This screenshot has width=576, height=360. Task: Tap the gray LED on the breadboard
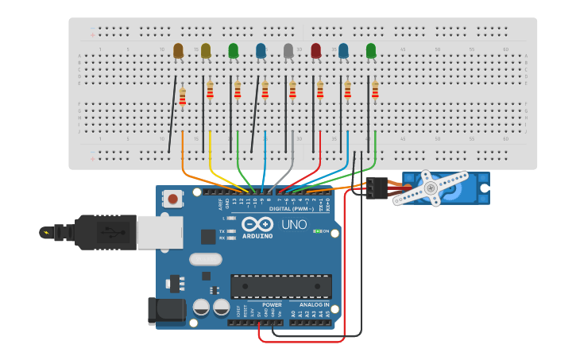coord(288,51)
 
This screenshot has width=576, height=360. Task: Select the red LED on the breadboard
coord(316,51)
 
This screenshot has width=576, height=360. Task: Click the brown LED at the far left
coord(178,51)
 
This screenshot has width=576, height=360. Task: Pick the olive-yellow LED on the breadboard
coord(206,51)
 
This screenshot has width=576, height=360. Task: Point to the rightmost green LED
coord(371,51)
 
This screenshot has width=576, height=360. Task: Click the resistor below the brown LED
coord(183,95)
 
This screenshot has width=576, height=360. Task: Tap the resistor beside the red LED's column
coord(320,90)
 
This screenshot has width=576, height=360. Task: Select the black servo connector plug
coord(377,188)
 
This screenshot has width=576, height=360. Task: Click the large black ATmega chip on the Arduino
coord(281,286)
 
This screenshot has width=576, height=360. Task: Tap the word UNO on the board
coord(294,225)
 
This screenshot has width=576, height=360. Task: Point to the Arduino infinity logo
coord(257,224)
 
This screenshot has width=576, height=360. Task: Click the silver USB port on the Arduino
coord(159,232)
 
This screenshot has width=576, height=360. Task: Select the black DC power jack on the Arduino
coord(165,311)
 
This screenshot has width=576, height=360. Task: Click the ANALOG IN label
coord(315,304)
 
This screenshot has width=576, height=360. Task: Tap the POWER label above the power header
coord(272,304)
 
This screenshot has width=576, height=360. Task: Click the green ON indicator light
coord(317,231)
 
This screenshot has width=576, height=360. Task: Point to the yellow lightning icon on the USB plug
coord(47,233)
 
